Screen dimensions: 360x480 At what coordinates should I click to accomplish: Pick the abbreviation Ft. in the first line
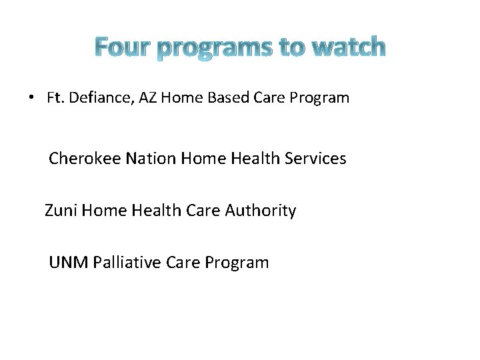[55, 98]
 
